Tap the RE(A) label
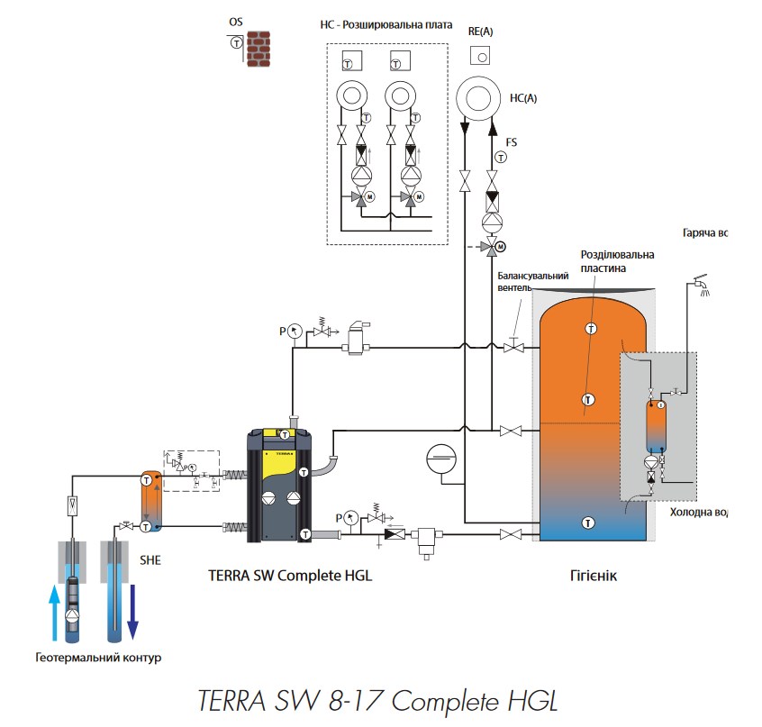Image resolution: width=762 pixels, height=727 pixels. click(x=480, y=31)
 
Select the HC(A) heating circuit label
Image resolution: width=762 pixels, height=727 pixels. click(x=522, y=99)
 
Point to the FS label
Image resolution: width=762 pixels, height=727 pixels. click(x=511, y=142)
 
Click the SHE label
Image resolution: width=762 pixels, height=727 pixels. click(x=150, y=559)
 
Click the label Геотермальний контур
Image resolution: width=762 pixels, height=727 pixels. click(x=98, y=658)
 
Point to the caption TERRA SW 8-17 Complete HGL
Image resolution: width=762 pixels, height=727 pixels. click(x=379, y=700)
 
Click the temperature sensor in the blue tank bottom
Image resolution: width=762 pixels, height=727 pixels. click(x=587, y=522)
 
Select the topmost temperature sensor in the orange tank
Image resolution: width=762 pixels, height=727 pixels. click(x=590, y=327)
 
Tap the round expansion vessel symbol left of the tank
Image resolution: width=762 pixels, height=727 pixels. click(x=441, y=457)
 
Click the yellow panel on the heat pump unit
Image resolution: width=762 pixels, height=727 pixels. click(x=278, y=464)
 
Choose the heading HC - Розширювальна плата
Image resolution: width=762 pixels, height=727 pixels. click(x=386, y=25)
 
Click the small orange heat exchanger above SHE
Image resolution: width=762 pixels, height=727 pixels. click(x=151, y=498)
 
